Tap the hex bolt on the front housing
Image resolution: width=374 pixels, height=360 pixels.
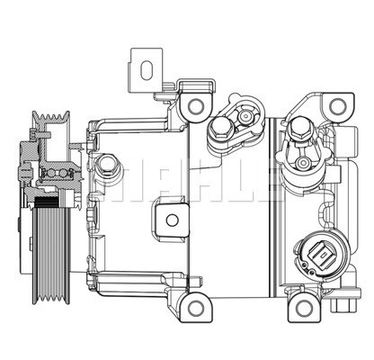point(107,166)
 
